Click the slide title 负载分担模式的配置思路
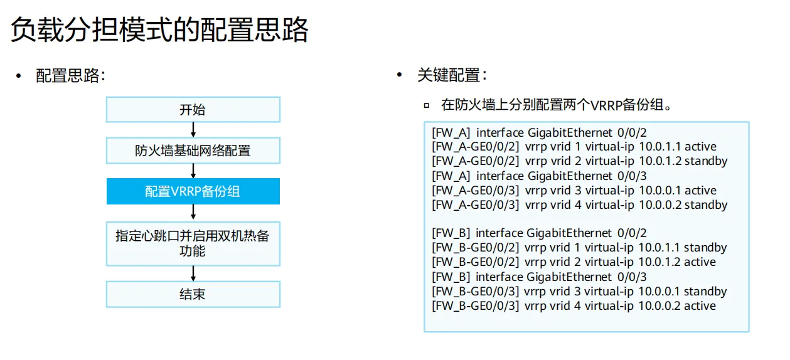click(x=160, y=29)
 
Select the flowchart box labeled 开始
click(x=193, y=110)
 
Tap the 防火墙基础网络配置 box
click(x=193, y=151)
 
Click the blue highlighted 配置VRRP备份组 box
click(x=193, y=191)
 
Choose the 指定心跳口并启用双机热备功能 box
click(x=193, y=243)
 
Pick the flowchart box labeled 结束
click(x=193, y=294)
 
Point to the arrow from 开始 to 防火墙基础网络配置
click(x=193, y=130)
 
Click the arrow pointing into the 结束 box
click(x=193, y=273)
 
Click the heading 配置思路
click(x=69, y=77)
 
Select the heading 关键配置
click(x=451, y=76)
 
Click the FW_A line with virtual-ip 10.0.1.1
click(x=574, y=147)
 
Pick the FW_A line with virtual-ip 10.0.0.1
click(x=574, y=191)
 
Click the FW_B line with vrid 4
click(x=574, y=306)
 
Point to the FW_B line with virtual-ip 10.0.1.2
click(x=574, y=262)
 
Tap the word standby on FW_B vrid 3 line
click(x=705, y=292)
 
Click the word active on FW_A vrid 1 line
click(x=700, y=147)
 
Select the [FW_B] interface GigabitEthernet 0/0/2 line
click(x=539, y=233)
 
